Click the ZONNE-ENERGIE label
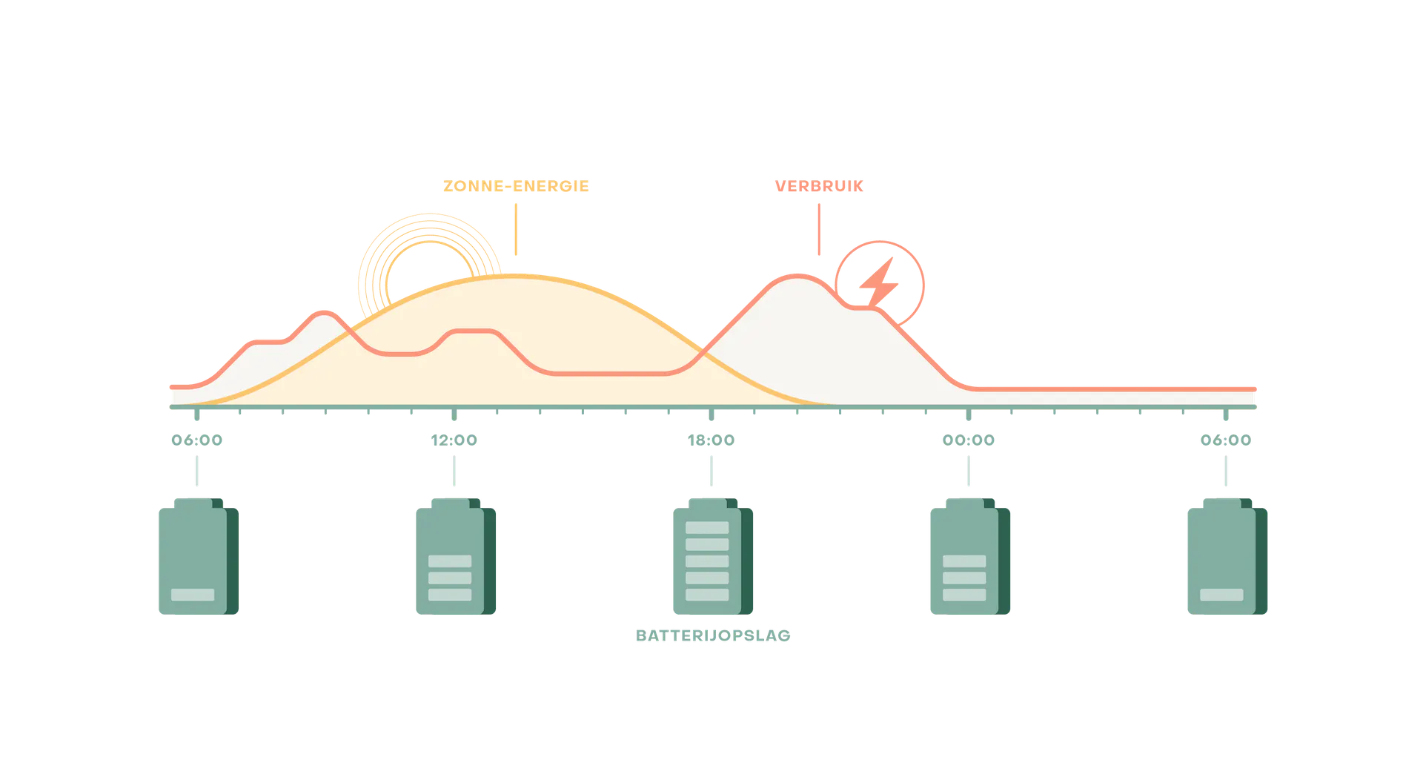point(515,186)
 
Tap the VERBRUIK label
point(818,186)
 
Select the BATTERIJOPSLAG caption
point(714,636)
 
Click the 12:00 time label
point(454,441)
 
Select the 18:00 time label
point(711,441)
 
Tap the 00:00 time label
point(968,441)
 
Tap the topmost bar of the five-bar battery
point(707,528)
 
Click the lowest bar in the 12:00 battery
point(450,595)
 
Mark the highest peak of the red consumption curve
point(797,277)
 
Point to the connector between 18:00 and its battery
point(711,472)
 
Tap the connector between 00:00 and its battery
point(966,472)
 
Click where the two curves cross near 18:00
point(702,354)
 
